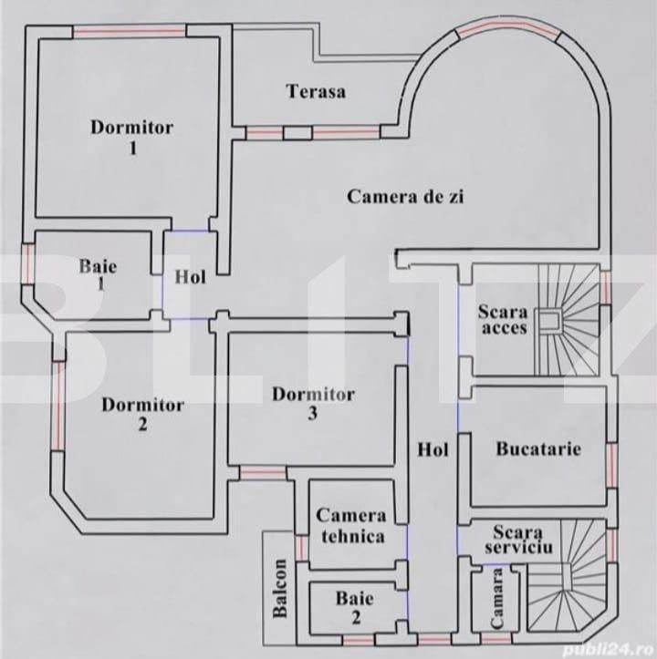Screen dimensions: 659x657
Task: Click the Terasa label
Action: coord(316,91)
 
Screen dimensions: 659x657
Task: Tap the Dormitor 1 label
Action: coord(131,136)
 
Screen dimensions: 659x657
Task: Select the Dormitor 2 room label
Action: coord(142,414)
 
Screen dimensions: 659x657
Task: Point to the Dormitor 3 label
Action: coord(313,403)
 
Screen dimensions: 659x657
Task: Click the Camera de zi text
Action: coord(405,196)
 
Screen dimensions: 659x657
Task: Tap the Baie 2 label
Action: coord(348,608)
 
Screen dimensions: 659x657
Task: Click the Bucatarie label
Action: coord(538,448)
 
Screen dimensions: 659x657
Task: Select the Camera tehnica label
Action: coord(351,526)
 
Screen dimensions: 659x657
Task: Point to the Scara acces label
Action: coord(503,320)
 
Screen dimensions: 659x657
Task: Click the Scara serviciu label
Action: coord(517,540)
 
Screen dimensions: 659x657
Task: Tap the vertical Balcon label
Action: coord(281,588)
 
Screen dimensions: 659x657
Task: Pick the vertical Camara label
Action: coord(497,598)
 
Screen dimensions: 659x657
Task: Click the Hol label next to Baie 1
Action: coord(190,275)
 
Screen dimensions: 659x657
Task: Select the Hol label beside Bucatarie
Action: coord(433,448)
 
